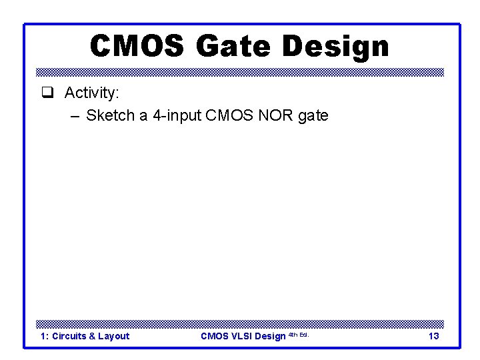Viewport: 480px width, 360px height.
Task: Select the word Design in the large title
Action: pos(335,47)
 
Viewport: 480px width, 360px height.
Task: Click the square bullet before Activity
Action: pos(45,93)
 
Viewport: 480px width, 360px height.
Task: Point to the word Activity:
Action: pos(91,93)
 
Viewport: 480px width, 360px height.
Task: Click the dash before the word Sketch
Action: pos(74,116)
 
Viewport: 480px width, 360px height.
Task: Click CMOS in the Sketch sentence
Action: pos(227,116)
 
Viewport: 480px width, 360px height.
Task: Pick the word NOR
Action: pos(273,116)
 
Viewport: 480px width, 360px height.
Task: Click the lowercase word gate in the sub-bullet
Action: pos(313,116)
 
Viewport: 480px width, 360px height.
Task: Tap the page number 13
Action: pos(433,336)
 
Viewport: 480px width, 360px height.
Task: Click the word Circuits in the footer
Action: pos(69,336)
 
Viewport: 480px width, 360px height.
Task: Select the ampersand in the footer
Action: pos(92,336)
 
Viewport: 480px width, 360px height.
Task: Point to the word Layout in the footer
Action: pos(113,336)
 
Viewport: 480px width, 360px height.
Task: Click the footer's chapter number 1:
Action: pos(44,336)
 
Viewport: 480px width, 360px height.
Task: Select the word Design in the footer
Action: pos(270,336)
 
